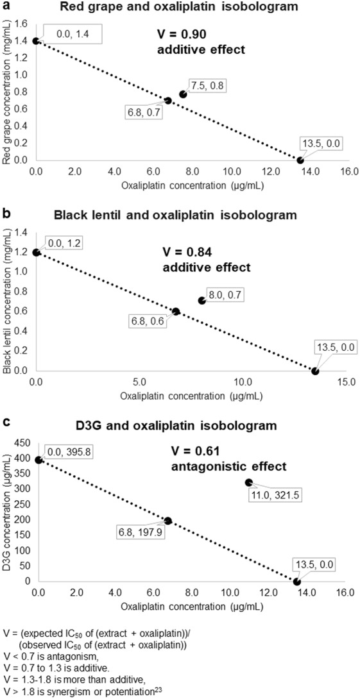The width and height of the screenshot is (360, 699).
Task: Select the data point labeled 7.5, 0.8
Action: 183,94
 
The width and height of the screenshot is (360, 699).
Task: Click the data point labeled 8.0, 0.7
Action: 202,300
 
